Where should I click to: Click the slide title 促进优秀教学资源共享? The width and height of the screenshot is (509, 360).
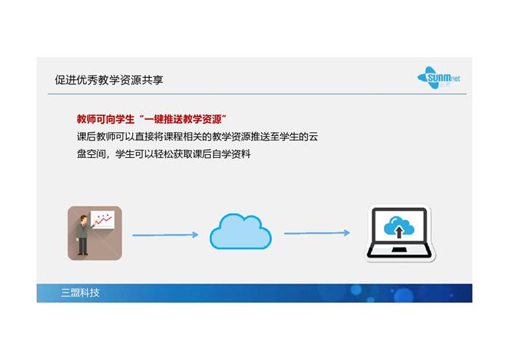(x=109, y=80)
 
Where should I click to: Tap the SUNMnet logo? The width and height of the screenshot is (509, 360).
(x=438, y=78)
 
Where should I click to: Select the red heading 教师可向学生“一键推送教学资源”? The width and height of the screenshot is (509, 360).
(x=151, y=119)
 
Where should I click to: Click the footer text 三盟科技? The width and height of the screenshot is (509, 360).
(x=80, y=293)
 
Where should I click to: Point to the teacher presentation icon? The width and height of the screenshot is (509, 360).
(x=95, y=233)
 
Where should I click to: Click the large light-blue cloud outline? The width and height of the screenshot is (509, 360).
(x=241, y=231)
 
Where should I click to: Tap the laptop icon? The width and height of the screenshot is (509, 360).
(x=400, y=233)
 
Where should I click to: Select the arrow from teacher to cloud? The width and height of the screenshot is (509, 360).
(x=165, y=235)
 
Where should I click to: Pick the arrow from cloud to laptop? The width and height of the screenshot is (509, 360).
(x=317, y=233)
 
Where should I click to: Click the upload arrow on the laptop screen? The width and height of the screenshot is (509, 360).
(x=399, y=232)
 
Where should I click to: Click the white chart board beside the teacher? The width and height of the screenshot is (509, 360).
(x=103, y=220)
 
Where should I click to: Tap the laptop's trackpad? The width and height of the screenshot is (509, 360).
(x=399, y=249)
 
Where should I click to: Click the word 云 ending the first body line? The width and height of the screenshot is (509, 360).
(x=313, y=137)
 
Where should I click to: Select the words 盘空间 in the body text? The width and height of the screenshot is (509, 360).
(x=91, y=154)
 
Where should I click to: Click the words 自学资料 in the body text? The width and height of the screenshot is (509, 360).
(x=231, y=154)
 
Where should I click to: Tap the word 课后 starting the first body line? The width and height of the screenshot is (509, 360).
(x=87, y=137)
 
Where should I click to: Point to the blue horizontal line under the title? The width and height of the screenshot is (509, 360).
(x=257, y=94)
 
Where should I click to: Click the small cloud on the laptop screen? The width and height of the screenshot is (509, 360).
(x=399, y=225)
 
